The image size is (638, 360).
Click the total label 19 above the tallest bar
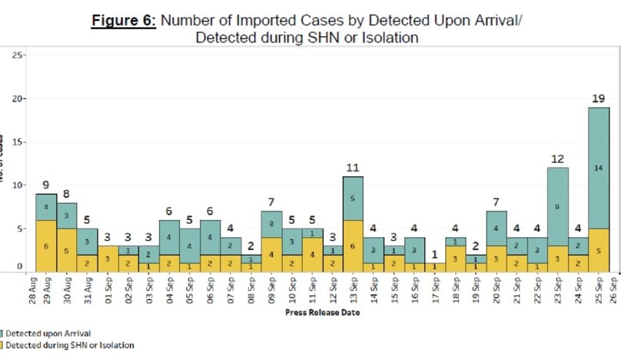(599, 98)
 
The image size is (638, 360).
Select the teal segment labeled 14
(599, 168)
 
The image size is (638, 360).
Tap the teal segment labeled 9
(558, 206)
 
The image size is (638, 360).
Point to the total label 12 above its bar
(558, 158)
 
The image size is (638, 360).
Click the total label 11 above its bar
(353, 168)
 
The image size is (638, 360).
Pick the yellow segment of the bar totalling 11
(353, 245)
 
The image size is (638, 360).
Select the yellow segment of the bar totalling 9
(46, 245)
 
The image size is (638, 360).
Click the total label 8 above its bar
(66, 194)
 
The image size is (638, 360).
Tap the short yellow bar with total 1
(435, 267)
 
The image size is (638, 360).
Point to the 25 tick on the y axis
(21, 55)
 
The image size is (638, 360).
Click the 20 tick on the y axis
(21, 98)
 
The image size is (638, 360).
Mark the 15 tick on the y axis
(21, 142)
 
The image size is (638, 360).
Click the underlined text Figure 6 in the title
(124, 21)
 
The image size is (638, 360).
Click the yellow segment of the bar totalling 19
(599, 249)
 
